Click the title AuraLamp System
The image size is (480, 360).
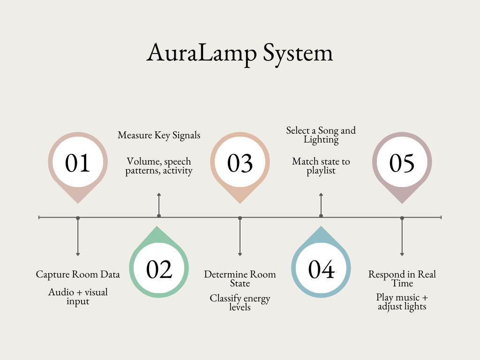(x=240, y=52)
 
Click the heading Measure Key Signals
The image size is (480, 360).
(x=159, y=135)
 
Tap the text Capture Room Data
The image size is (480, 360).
(x=78, y=274)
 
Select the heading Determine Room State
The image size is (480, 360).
(x=240, y=279)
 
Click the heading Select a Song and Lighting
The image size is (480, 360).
(x=321, y=135)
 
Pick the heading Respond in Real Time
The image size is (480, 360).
(x=402, y=279)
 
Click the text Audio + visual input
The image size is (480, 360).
(x=78, y=297)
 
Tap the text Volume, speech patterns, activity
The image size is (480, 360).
(x=159, y=166)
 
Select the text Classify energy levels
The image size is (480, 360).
(x=240, y=303)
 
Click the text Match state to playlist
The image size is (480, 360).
(x=321, y=166)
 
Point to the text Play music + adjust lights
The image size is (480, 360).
(x=402, y=302)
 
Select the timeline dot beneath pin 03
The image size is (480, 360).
(x=240, y=217)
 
